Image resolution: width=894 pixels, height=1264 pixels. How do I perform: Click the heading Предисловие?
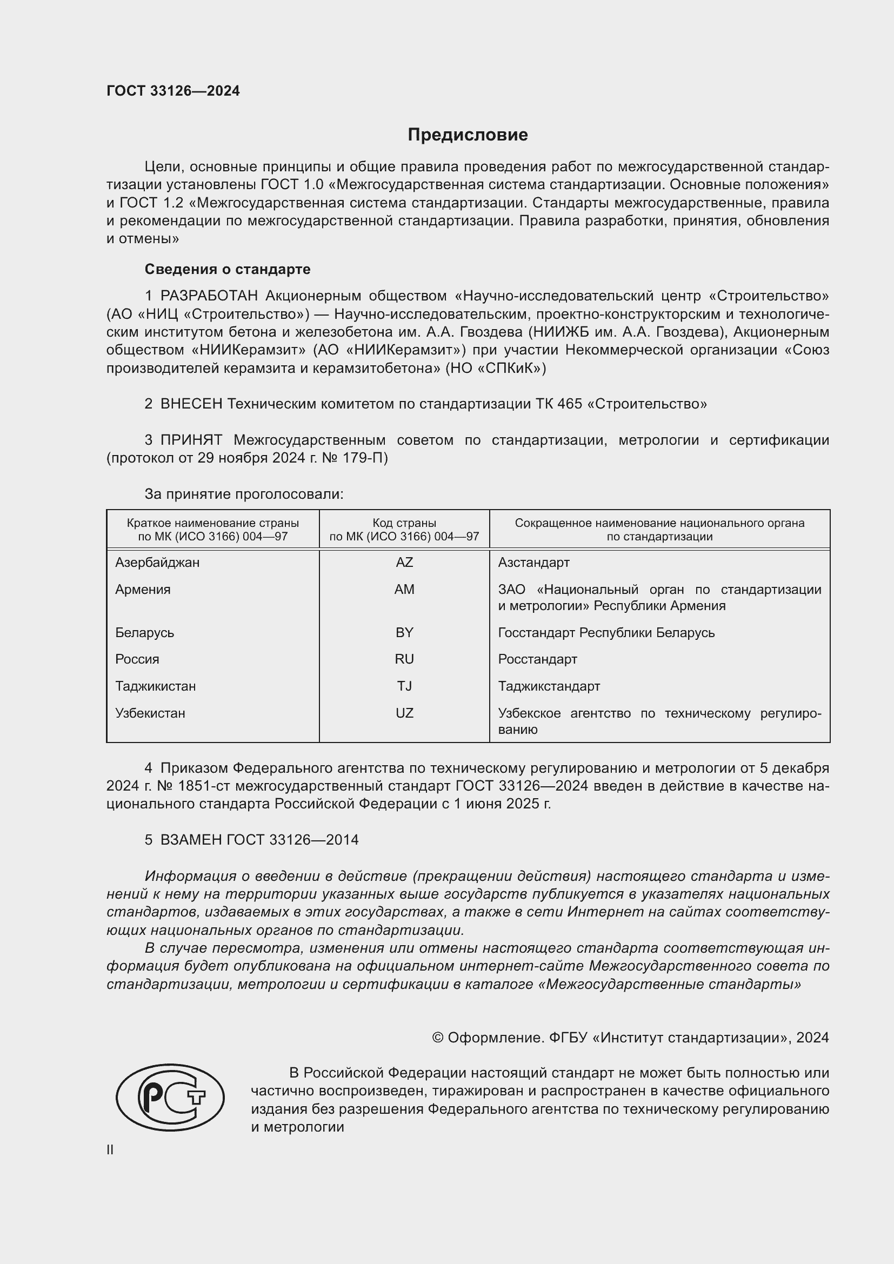pyautogui.click(x=468, y=135)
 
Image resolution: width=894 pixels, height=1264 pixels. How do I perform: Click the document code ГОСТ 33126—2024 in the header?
pyautogui.click(x=173, y=91)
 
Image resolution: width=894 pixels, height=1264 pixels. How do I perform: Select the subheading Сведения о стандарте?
pyautogui.click(x=228, y=269)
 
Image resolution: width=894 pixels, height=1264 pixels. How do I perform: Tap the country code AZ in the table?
pyautogui.click(x=404, y=562)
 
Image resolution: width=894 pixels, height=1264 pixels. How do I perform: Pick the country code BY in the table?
pyautogui.click(x=404, y=633)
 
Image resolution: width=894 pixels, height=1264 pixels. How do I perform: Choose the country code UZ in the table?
pyautogui.click(x=404, y=713)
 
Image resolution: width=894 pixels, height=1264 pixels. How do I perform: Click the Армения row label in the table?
pyautogui.click(x=143, y=589)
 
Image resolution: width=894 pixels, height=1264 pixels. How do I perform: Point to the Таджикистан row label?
pyautogui.click(x=155, y=686)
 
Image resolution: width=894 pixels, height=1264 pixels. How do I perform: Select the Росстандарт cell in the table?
pyautogui.click(x=537, y=659)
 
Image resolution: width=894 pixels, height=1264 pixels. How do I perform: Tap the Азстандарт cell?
pyautogui.click(x=533, y=562)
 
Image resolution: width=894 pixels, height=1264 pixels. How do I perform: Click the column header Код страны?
pyautogui.click(x=404, y=523)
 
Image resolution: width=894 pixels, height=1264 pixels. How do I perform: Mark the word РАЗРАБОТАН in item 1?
pyautogui.click(x=209, y=296)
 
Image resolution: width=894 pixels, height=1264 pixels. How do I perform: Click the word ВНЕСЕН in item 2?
pyautogui.click(x=191, y=404)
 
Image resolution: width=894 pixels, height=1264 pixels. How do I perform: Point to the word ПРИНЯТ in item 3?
pyautogui.click(x=191, y=440)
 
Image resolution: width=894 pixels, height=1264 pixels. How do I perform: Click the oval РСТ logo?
pyautogui.click(x=170, y=1097)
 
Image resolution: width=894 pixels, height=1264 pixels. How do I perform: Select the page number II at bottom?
pyautogui.click(x=110, y=1149)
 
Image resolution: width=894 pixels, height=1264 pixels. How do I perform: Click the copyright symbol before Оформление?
pyautogui.click(x=438, y=1038)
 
